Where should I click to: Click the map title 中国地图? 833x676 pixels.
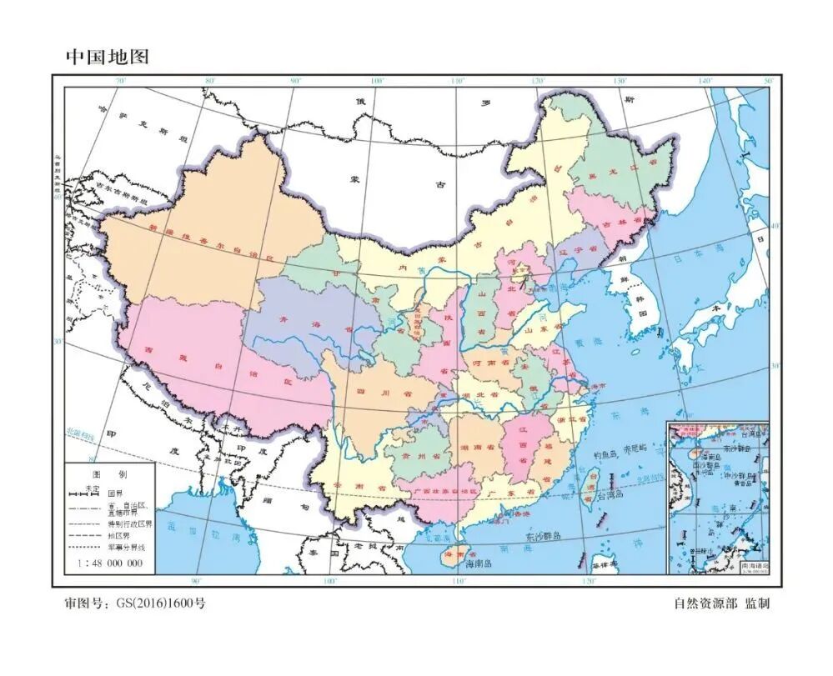(107, 58)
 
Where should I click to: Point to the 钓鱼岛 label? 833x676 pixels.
(606, 455)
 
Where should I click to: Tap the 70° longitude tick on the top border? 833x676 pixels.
(120, 81)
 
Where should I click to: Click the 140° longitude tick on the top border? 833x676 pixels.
(705, 81)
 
